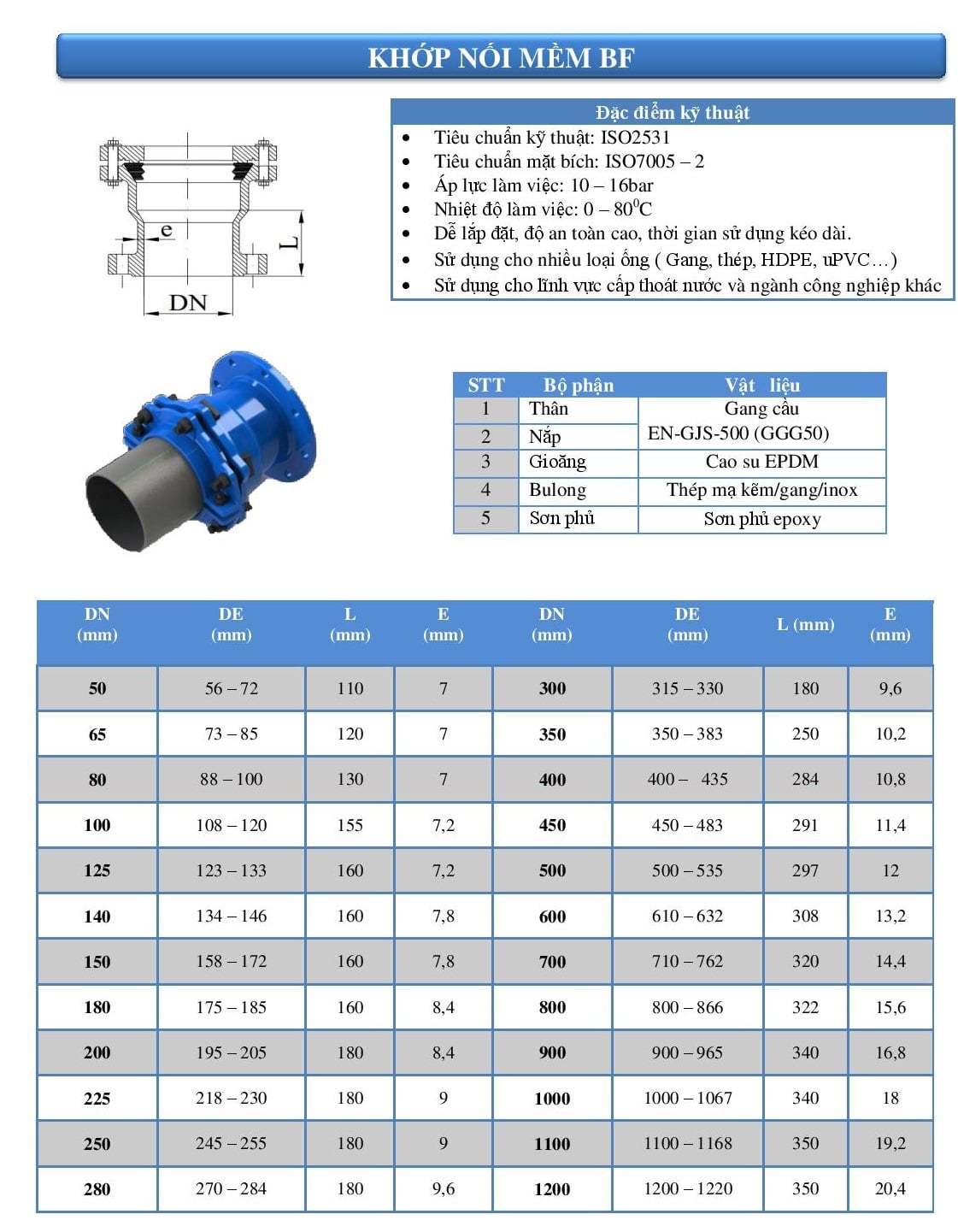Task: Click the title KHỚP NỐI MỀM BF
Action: coord(501,57)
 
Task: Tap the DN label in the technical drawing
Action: coord(188,303)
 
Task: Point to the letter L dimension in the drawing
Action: coord(291,243)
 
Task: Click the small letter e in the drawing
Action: coord(167,230)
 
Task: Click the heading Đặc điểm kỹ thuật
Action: coord(672,113)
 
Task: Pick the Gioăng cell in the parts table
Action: coord(557,462)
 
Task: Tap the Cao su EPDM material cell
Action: coord(761,462)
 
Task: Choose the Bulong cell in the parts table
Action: coord(557,490)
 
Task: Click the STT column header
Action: coord(485,386)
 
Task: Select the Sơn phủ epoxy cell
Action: coord(761,519)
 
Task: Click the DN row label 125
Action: coord(97,870)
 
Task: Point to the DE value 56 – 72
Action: coord(231,688)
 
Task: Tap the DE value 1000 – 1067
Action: coord(687,1098)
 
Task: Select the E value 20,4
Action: coord(890,1188)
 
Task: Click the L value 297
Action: coord(805,870)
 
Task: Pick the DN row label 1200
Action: coord(552,1189)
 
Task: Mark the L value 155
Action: coord(350,825)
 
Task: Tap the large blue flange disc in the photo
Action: coord(273,419)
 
